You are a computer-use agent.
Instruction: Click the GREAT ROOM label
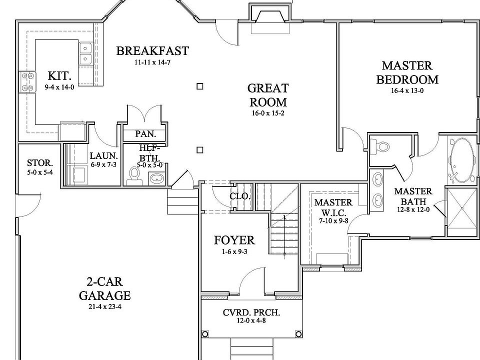pos(268,95)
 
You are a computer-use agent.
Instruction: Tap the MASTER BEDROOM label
pos(407,72)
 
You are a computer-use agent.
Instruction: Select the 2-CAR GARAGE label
pos(104,288)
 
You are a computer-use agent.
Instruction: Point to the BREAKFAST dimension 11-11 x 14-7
pos(152,62)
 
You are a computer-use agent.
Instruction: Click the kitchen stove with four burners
pos(27,82)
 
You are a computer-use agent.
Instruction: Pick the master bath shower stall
pos(462,212)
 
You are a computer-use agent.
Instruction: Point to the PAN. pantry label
pos(145,134)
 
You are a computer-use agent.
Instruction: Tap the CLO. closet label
pos(240,196)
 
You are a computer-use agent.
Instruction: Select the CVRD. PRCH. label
pos(251,312)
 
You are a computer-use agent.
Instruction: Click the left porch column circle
pos(205,333)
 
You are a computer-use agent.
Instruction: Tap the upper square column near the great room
pos(200,86)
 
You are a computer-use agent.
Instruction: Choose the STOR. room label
pos(40,163)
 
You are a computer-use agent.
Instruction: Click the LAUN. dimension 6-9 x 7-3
pos(103,165)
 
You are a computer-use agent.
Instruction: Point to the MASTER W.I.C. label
pos(333,207)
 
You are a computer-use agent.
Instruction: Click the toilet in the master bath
pos(380,146)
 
